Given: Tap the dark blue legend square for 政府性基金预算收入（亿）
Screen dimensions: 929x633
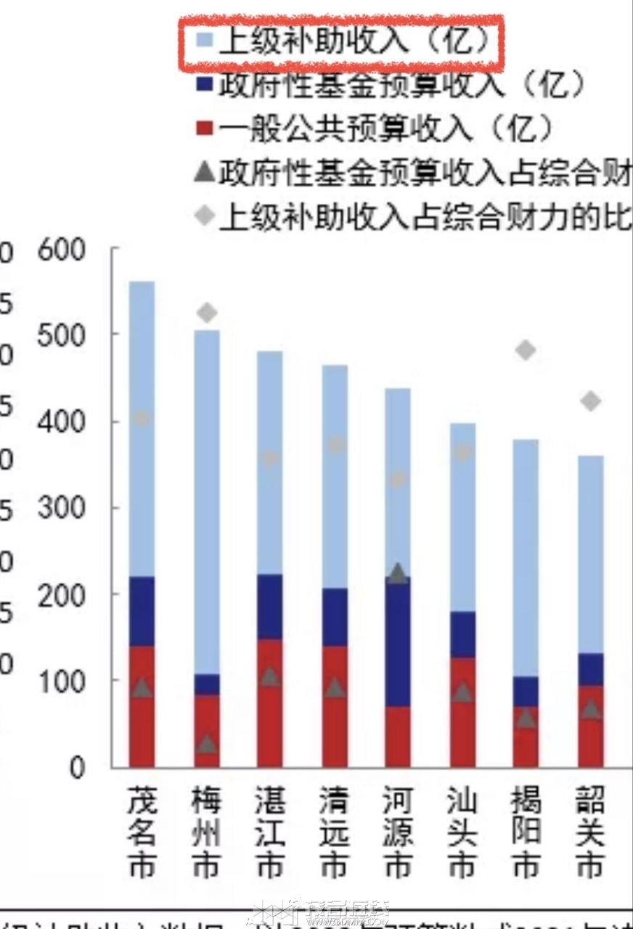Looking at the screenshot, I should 205,86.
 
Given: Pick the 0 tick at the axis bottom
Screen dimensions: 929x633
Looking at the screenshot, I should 78,767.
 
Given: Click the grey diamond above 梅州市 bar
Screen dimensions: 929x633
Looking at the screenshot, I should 207,313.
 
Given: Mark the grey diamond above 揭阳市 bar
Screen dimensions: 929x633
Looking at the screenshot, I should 526,351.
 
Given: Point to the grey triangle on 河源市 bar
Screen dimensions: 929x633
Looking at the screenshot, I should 398,574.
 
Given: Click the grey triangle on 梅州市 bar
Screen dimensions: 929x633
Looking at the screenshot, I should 207,744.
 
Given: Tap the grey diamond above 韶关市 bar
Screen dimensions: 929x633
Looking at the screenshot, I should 590,401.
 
